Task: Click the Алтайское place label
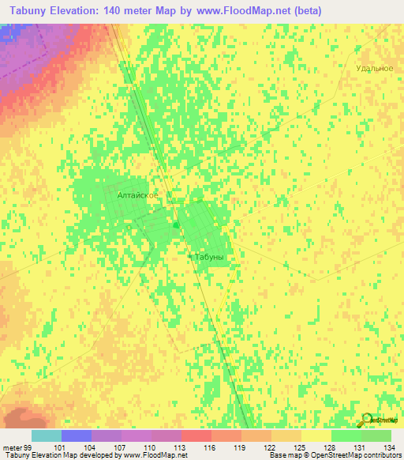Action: [138, 194]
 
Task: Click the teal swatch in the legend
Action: [46, 435]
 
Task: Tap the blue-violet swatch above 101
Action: [76, 435]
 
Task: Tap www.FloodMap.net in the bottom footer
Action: [157, 455]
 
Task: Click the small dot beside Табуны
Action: [189, 257]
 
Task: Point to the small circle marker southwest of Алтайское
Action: [129, 227]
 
